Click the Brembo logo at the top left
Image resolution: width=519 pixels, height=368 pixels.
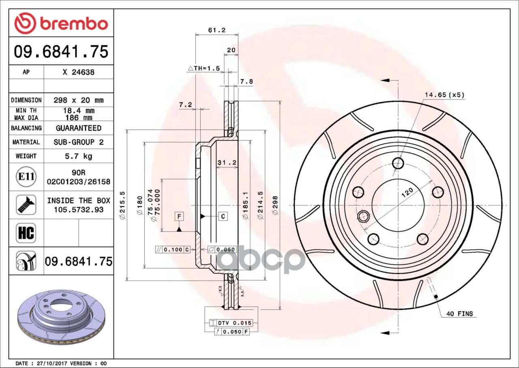coord(61,23)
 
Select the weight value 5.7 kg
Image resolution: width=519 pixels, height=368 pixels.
coord(79,156)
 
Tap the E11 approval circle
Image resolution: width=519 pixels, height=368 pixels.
coord(26,177)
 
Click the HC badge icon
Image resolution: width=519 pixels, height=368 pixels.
coord(26,233)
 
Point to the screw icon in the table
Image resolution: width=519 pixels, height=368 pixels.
coord(26,205)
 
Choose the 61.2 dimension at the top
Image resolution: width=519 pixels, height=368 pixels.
coord(217,30)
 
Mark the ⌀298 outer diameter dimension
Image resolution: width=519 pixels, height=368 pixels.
coord(275,205)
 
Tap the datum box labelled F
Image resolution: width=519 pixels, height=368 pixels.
coord(179,216)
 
